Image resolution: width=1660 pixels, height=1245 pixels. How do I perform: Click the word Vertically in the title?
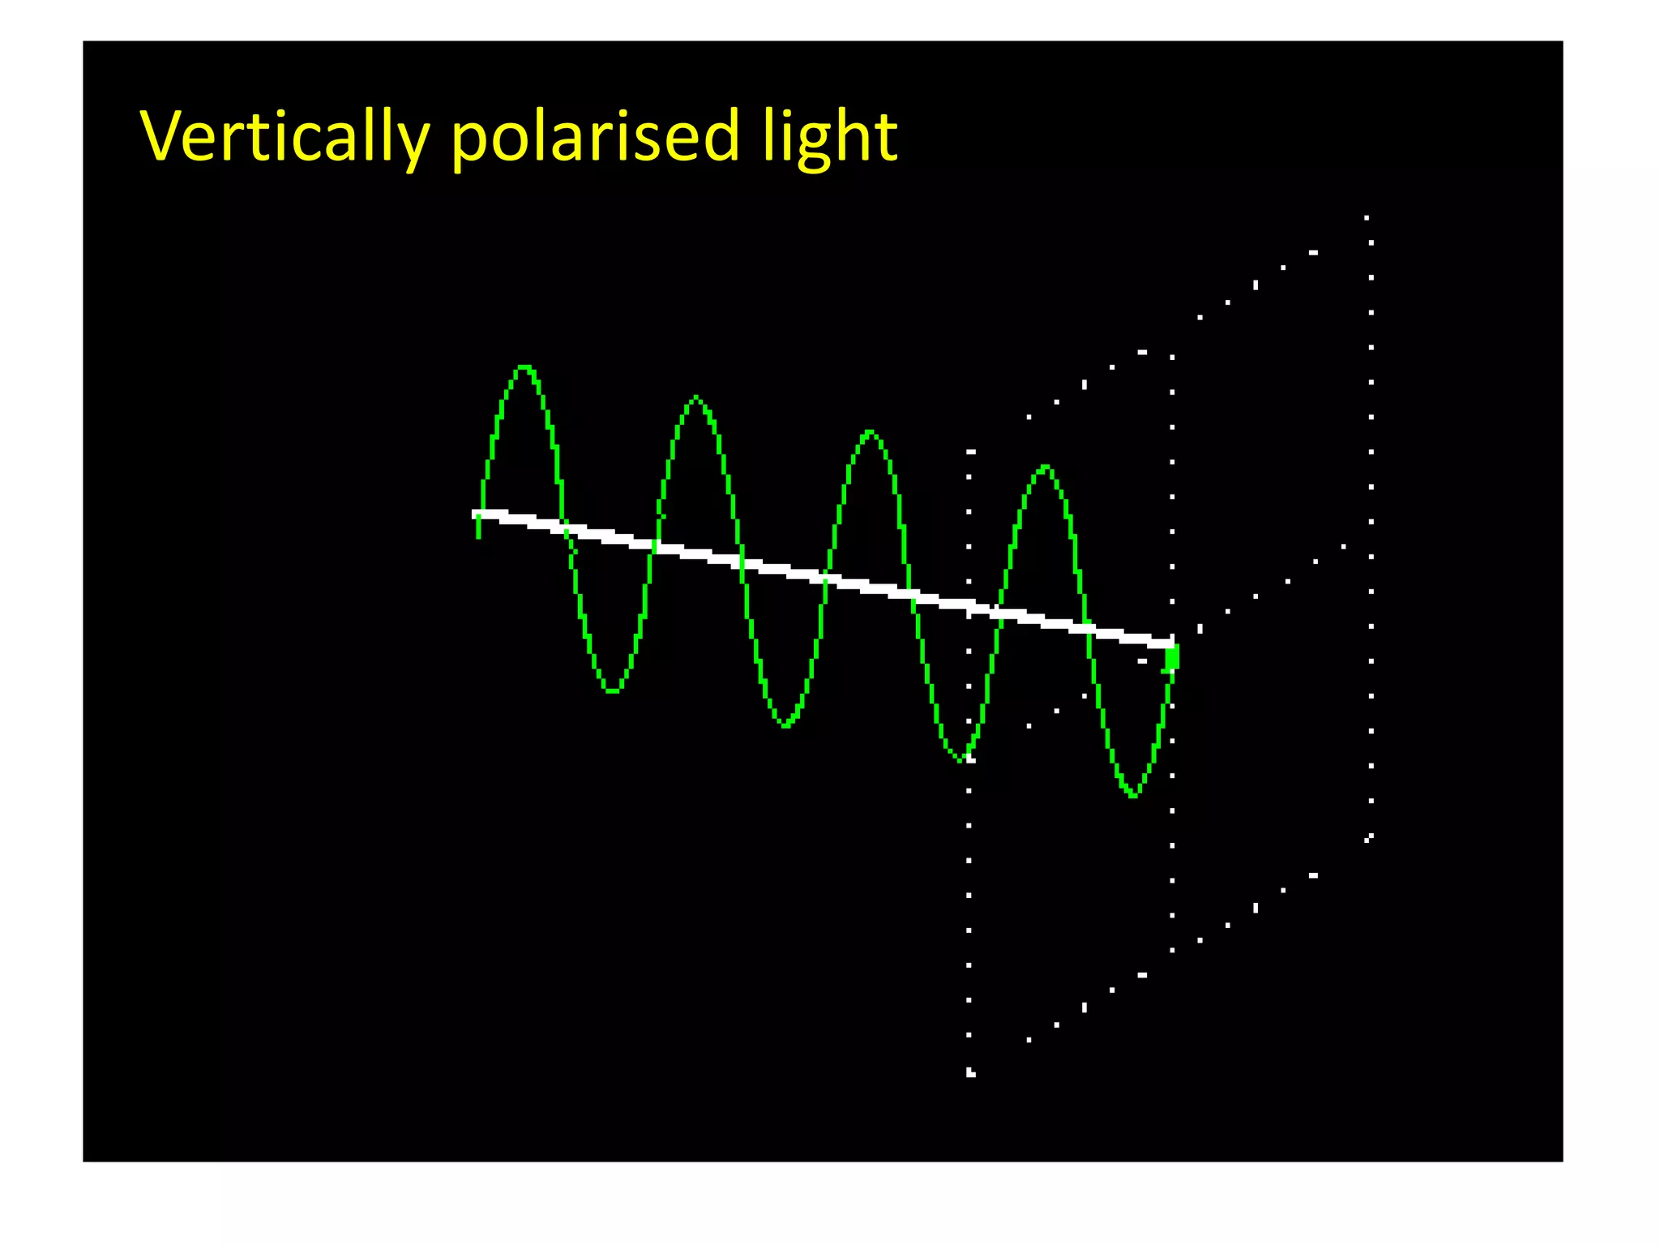(285, 136)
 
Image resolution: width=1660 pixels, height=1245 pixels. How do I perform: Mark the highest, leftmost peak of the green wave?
(524, 367)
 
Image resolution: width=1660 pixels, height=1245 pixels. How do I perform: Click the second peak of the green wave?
(696, 397)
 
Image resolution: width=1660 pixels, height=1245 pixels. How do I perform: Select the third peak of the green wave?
(870, 432)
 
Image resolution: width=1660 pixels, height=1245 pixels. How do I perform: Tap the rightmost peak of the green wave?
(1046, 467)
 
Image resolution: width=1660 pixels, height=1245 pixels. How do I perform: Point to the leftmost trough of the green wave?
(612, 691)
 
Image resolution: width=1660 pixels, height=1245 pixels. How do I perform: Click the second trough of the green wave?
(785, 725)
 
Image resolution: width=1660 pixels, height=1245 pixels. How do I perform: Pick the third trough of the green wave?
(961, 759)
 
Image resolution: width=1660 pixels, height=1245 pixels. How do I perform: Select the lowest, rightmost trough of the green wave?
(1133, 795)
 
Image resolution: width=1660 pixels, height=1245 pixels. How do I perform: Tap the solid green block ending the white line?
(1172, 657)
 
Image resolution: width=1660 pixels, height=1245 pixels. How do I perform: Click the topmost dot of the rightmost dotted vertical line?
(1367, 218)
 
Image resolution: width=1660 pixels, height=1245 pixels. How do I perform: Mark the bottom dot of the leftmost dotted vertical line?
(970, 1074)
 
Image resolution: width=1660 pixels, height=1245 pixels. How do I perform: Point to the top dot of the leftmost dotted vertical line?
(971, 451)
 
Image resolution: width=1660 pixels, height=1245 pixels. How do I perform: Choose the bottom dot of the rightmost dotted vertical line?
(1369, 837)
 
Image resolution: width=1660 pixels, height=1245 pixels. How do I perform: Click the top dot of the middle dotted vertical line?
(1172, 357)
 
